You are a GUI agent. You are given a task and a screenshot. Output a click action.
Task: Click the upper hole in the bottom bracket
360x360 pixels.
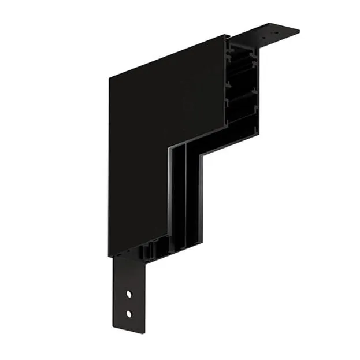pyautogui.click(x=129, y=295)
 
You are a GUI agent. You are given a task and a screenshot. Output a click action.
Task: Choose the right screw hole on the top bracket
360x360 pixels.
pyautogui.click(x=286, y=31)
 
